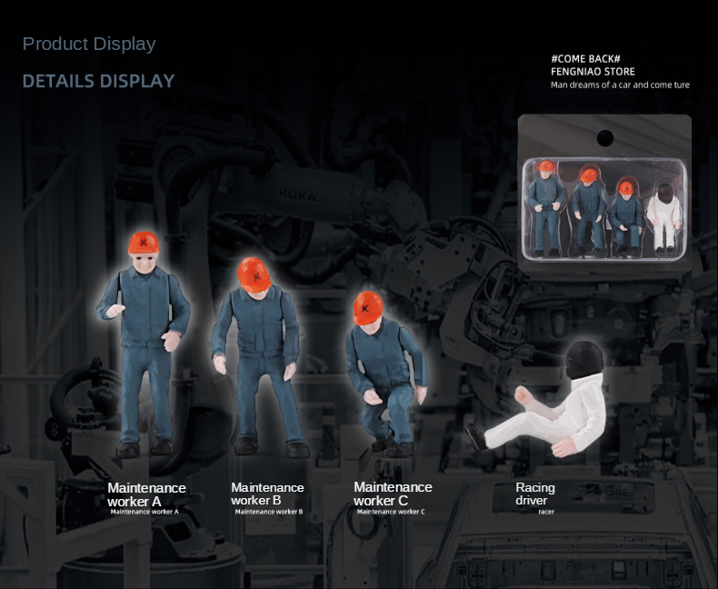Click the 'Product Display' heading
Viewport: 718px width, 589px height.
point(89,44)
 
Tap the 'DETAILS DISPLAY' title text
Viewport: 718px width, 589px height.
point(98,81)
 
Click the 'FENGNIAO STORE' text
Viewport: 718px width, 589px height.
point(593,72)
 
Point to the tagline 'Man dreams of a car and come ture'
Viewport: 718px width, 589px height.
point(620,85)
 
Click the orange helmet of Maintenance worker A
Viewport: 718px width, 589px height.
point(144,243)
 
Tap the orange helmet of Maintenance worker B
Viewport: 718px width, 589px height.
point(254,275)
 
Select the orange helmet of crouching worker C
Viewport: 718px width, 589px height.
point(368,308)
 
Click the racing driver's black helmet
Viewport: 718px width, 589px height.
point(583,360)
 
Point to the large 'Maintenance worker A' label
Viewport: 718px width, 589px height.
point(146,494)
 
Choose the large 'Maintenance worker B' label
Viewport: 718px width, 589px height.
point(267,494)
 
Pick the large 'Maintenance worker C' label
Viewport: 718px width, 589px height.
point(393,494)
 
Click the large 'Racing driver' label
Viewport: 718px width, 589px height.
point(534,494)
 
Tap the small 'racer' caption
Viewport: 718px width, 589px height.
point(546,512)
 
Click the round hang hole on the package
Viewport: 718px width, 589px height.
point(605,138)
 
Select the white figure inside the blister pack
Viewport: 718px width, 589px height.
point(663,217)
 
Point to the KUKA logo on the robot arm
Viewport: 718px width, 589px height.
point(297,196)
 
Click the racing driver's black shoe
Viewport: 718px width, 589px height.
point(476,437)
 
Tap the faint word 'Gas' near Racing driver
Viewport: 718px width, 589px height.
point(616,492)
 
